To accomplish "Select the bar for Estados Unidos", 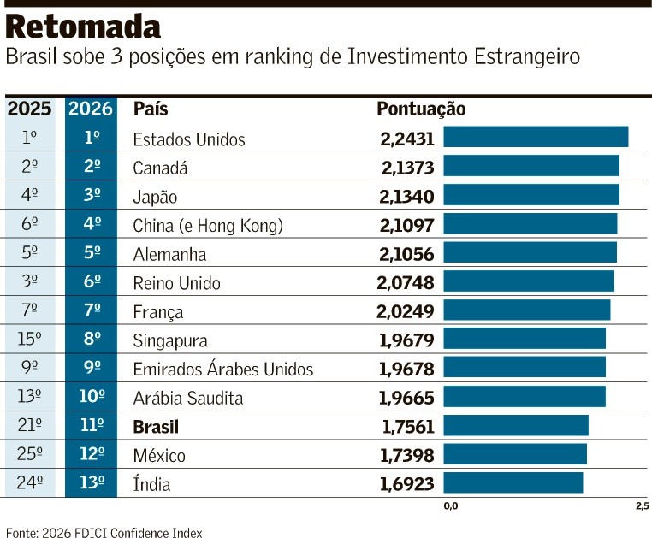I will pos(535,138).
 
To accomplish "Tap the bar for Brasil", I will pos(515,426).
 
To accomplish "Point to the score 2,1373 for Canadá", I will pos(406,168).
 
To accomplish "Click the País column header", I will pos(151,109).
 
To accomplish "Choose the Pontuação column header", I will pos(421,109).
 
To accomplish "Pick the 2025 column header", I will pos(30,109).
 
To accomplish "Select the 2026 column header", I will pos(91,109).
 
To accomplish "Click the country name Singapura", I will pos(170,340).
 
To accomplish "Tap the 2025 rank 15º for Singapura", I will pos(30,340).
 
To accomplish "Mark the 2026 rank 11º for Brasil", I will pos(91,426).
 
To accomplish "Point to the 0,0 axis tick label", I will pos(451,506).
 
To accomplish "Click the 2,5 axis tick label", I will pos(642,506).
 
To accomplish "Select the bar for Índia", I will pos(513,483).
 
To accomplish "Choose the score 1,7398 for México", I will pos(406,455).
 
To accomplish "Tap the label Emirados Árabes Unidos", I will pos(223,370).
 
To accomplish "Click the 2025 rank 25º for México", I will pos(30,455).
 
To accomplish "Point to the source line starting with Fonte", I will pos(104,532).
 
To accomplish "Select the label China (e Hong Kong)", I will pos(208,226).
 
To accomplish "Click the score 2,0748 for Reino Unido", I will pos(406,283).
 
